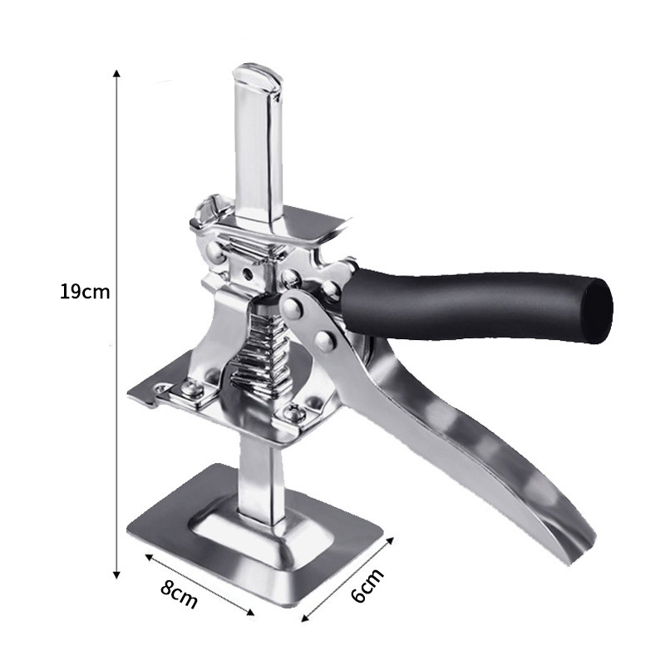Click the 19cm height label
coord(85,292)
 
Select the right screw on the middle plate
coord(291,413)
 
